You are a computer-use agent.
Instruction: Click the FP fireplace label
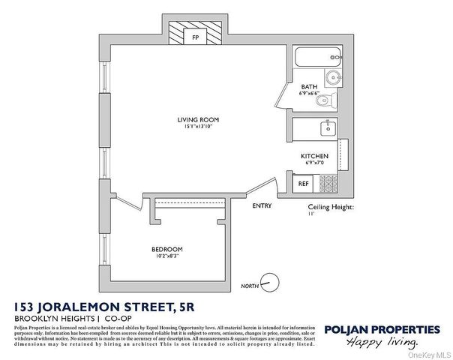(x=195, y=36)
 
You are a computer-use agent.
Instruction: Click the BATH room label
(x=307, y=88)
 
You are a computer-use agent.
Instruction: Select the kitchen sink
(x=325, y=127)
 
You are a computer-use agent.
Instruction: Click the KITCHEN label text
(x=315, y=156)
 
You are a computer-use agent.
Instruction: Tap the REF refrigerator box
(x=304, y=182)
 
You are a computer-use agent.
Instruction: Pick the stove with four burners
(x=328, y=182)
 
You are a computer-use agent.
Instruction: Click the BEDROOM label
(x=167, y=250)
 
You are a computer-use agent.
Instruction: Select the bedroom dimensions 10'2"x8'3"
(x=167, y=257)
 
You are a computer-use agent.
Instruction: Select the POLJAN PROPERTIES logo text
(x=382, y=329)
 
